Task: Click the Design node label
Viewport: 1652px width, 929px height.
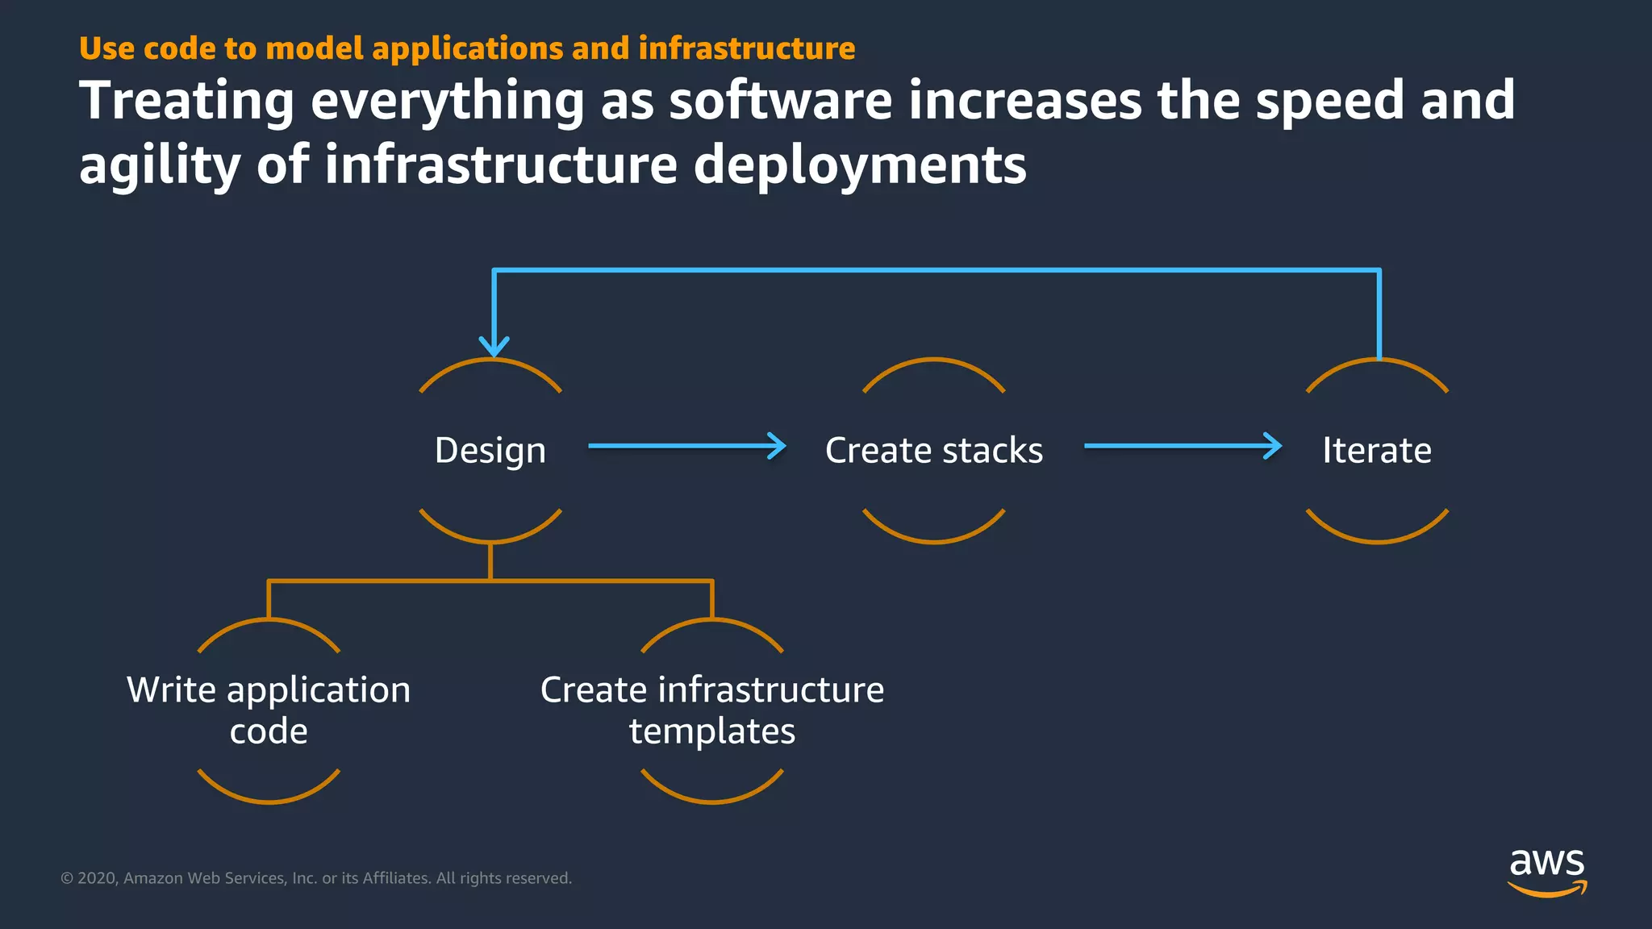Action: [x=490, y=450]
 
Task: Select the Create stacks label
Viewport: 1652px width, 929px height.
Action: [x=933, y=450]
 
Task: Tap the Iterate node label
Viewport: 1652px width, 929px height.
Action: [x=1376, y=450]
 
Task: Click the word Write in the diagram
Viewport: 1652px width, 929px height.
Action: [x=171, y=690]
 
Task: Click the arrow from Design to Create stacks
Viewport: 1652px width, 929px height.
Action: [x=686, y=446]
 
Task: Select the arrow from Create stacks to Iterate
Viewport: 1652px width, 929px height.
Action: [x=1182, y=446]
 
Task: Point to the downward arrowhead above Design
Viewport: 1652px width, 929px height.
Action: [x=494, y=346]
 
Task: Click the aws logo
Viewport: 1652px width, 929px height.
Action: [x=1546, y=871]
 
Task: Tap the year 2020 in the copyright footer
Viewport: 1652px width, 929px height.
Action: [x=98, y=878]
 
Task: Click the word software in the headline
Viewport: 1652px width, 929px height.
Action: [x=781, y=101]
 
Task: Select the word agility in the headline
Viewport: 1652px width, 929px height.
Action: [x=160, y=165]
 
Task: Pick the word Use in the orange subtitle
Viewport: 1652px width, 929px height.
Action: [x=106, y=48]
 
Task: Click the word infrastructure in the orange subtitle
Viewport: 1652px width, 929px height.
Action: [x=746, y=48]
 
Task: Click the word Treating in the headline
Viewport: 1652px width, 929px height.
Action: [x=186, y=101]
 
